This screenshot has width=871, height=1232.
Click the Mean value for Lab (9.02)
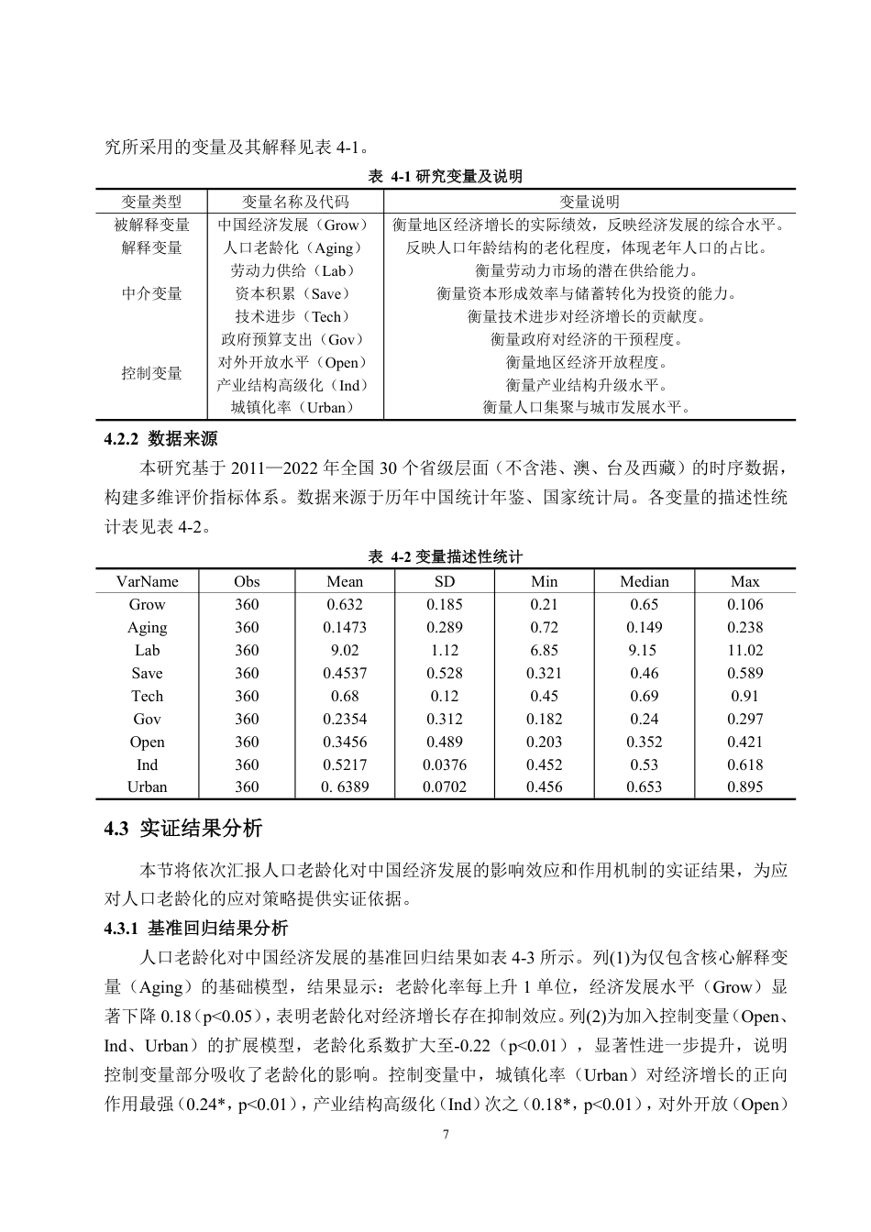point(345,650)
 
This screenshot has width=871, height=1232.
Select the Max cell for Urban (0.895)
point(744,787)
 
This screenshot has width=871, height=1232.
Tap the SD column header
point(445,581)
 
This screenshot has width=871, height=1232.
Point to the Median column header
point(644,581)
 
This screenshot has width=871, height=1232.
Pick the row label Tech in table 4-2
point(147,696)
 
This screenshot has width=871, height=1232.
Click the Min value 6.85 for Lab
point(544,650)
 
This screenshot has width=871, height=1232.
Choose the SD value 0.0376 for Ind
point(445,764)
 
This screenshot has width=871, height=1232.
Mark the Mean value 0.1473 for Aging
point(345,627)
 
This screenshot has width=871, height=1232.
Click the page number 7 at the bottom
point(446,1134)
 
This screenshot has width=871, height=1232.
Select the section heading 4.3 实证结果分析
point(183,829)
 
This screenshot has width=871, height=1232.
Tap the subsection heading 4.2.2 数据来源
point(161,439)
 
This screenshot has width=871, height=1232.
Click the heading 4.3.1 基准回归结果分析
point(196,929)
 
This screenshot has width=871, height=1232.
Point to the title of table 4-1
point(446,177)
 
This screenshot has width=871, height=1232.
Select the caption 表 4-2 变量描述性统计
point(446,557)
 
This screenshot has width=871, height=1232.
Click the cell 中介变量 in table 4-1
point(152,293)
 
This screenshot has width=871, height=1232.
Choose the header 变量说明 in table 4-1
point(590,202)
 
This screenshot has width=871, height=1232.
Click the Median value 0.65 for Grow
point(644,604)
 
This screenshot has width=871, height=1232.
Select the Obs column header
point(247,581)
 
